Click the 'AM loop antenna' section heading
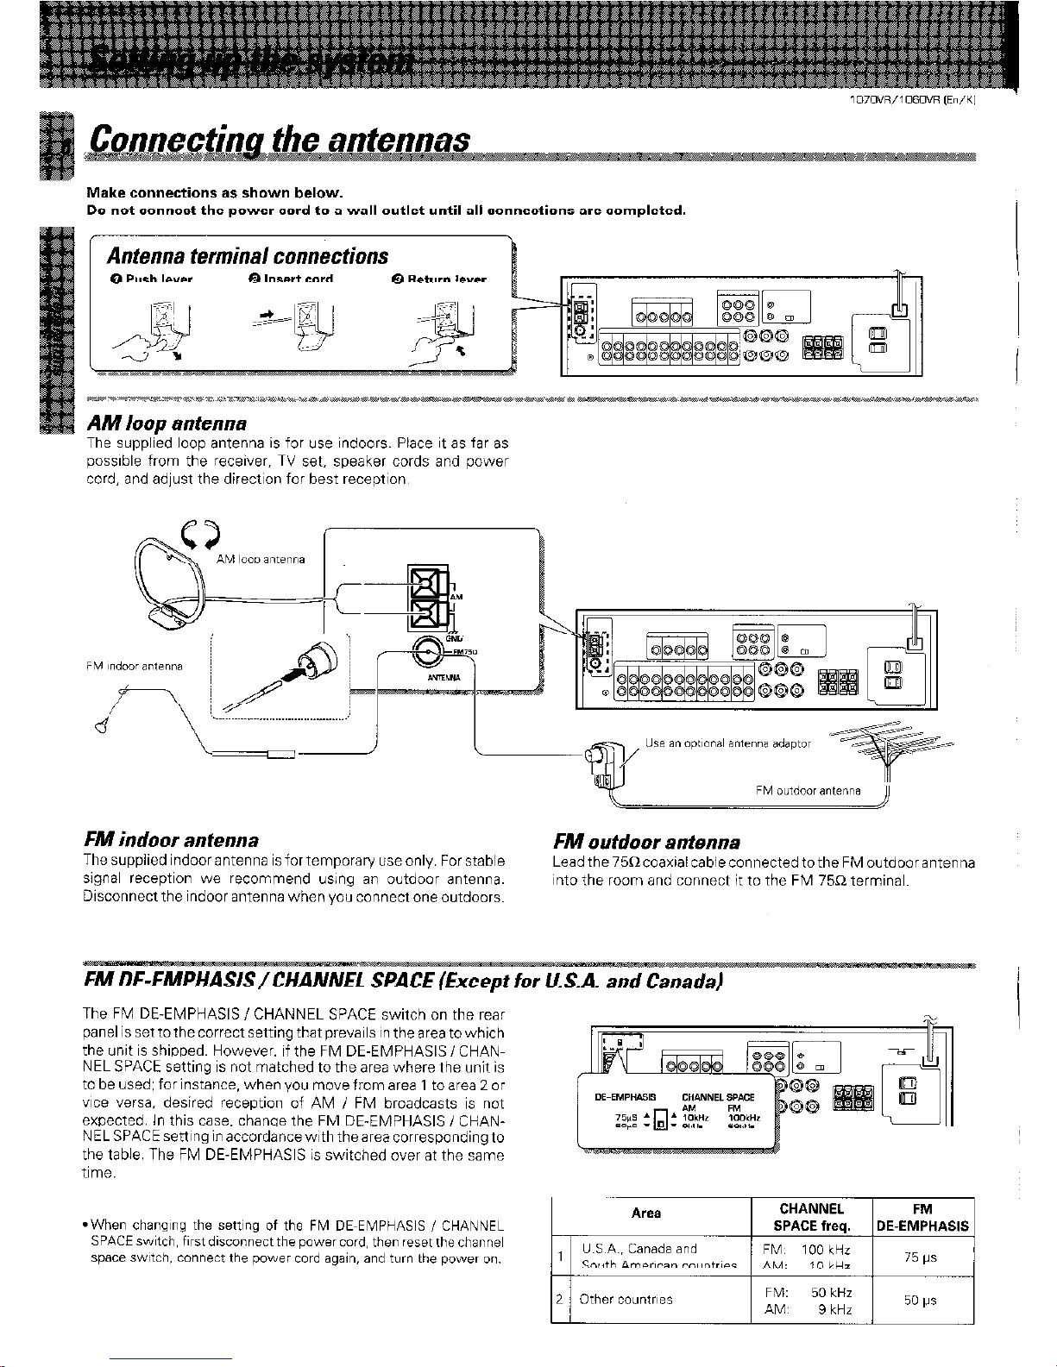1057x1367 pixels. tap(167, 423)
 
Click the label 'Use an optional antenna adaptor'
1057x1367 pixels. tap(728, 743)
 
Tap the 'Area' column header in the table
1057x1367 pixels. tap(645, 1213)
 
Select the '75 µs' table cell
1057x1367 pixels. tap(922, 1258)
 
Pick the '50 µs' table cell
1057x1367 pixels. tap(922, 1301)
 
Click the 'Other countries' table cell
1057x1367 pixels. tap(626, 1300)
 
